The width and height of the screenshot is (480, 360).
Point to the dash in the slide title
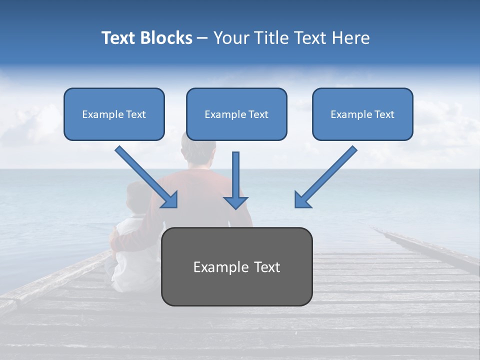click(202, 38)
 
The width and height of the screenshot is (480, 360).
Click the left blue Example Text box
click(114, 114)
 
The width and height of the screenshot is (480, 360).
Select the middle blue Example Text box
click(236, 114)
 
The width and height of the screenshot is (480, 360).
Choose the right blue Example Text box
click(362, 114)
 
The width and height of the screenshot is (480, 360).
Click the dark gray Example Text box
click(236, 266)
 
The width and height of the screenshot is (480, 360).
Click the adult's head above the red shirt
click(199, 150)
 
